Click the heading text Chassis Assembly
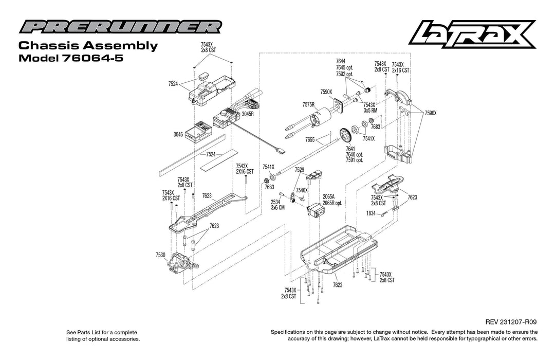(x=88, y=46)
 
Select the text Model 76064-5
(x=70, y=58)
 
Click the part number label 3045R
(x=248, y=114)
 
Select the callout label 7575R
(x=308, y=104)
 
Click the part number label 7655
(x=309, y=139)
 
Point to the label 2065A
(x=328, y=196)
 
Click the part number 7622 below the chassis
(x=338, y=284)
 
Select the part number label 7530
(x=160, y=255)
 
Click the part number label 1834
(x=371, y=213)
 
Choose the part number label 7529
(x=300, y=169)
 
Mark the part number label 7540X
(x=302, y=190)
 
